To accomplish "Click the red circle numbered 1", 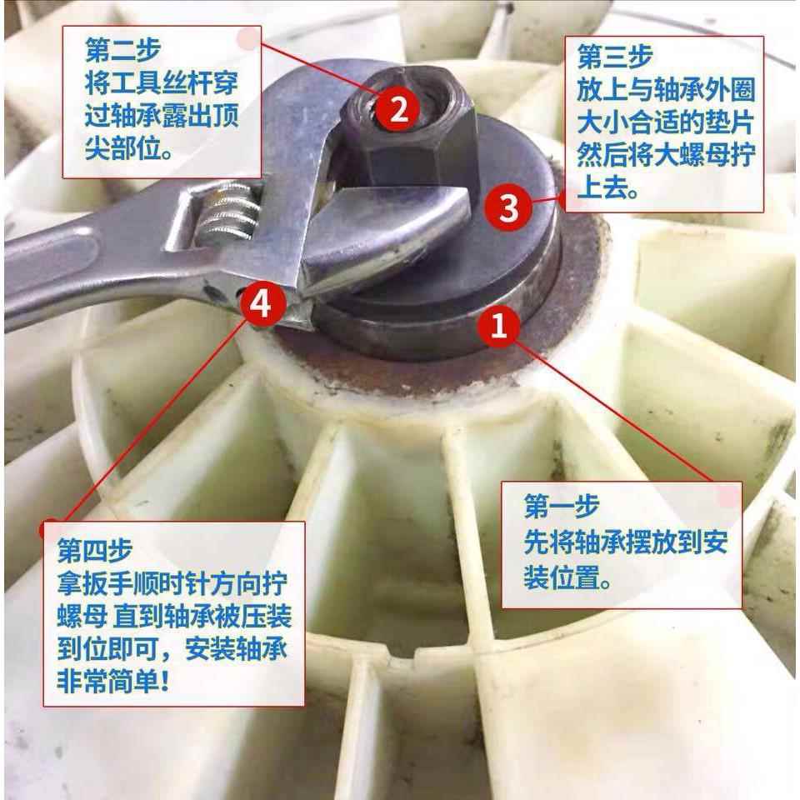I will [x=498, y=326].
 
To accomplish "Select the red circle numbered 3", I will [x=508, y=208].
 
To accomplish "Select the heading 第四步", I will [x=93, y=550].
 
